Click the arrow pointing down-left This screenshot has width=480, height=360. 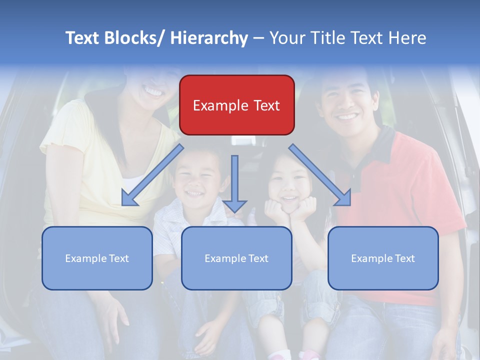pyautogui.click(x=152, y=175)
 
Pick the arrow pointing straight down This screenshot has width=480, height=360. pyautogui.click(x=234, y=183)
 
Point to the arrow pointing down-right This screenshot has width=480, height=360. pyautogui.click(x=320, y=175)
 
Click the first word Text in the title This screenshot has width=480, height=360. pyautogui.click(x=83, y=38)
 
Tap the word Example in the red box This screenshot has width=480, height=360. pyautogui.click(x=214, y=105)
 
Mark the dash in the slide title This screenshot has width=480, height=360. pyautogui.click(x=258, y=38)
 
